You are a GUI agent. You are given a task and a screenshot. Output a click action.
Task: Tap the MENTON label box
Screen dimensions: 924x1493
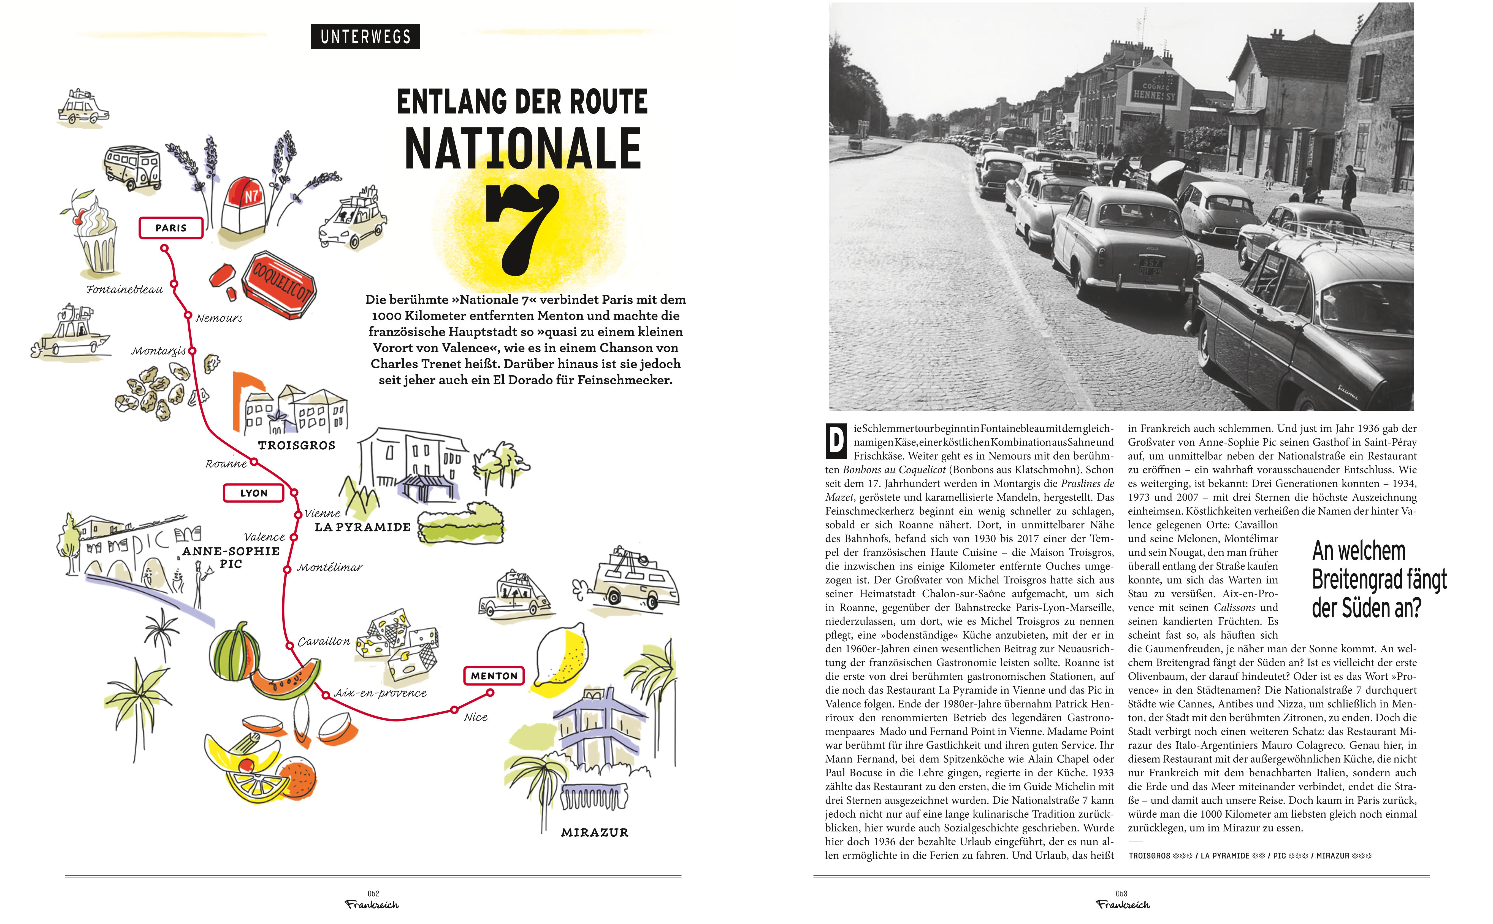[494, 676]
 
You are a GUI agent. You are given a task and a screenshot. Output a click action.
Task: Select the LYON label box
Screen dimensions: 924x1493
[254, 493]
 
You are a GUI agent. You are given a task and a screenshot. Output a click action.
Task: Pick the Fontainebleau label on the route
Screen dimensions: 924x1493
[124, 290]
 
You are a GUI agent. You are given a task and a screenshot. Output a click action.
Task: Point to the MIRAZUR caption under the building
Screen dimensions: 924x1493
[594, 832]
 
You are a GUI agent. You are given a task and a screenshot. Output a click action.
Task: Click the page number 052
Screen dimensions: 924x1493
[373, 893]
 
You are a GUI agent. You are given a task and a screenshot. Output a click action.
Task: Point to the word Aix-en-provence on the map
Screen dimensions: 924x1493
[380, 693]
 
